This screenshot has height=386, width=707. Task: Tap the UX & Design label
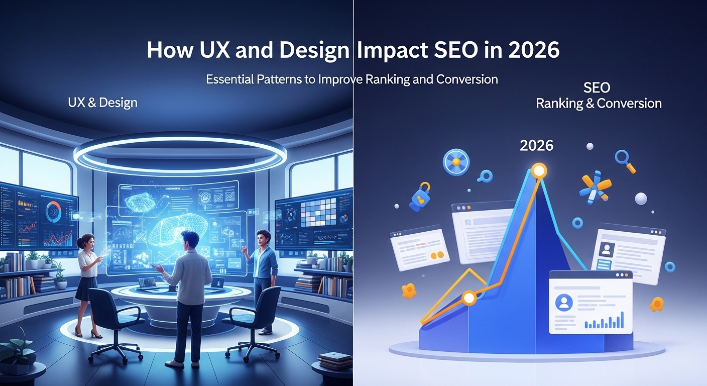(x=102, y=103)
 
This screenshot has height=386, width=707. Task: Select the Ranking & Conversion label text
(x=599, y=104)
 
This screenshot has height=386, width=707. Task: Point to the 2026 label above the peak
(x=536, y=146)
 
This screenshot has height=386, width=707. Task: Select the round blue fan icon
(x=455, y=162)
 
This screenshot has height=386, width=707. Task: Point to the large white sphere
(x=641, y=199)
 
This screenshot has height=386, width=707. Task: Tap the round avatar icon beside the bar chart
(x=564, y=302)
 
